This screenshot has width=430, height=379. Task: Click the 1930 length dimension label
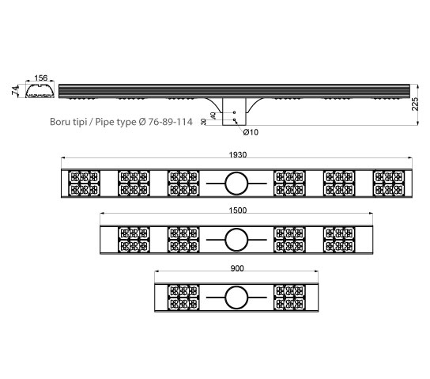[238, 155]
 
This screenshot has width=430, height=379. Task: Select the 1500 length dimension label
[238, 210]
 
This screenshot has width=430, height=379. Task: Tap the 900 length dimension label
[237, 268]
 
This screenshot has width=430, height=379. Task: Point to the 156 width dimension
[41, 78]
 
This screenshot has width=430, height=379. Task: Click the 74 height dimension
[15, 90]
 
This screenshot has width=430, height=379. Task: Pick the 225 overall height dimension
[415, 104]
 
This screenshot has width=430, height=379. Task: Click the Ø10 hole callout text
[251, 132]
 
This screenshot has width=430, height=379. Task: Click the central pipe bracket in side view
[234, 112]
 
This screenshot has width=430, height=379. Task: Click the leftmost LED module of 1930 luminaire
[84, 184]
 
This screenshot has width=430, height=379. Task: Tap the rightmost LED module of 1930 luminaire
[389, 184]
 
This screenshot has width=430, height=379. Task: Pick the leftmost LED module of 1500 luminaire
[134, 240]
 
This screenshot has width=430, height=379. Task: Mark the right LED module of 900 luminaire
[289, 298]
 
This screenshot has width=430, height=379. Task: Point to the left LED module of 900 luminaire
[183, 298]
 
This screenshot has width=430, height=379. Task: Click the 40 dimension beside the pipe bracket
[213, 116]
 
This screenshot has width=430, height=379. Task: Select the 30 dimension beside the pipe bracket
[203, 122]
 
